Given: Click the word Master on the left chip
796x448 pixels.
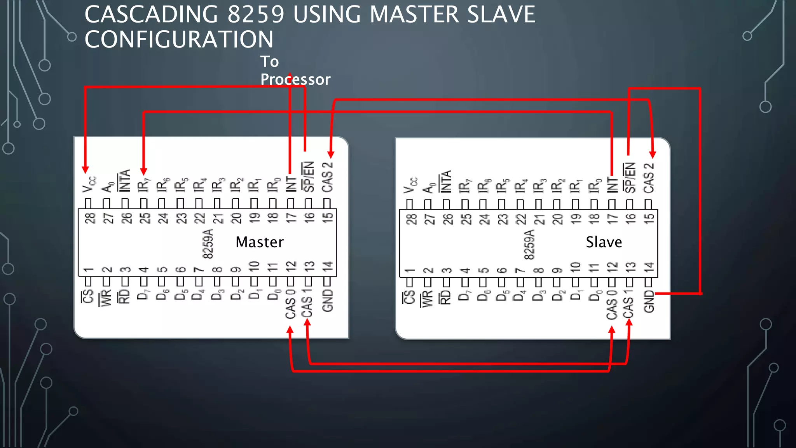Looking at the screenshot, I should coord(259,242).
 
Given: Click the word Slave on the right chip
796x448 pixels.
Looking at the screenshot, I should coord(604,242).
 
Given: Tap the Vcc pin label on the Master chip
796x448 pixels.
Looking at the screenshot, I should coord(89,184).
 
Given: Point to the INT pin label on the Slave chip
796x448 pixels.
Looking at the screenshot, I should coord(612,185).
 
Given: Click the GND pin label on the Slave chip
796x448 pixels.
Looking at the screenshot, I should coord(649,301).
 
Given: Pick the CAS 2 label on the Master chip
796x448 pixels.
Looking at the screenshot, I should coord(328,177).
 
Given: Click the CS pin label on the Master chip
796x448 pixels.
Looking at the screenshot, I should coord(88,296).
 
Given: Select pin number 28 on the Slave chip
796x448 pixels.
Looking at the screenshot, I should coord(411,219).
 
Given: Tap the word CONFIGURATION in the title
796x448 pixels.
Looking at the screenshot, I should coord(179,39).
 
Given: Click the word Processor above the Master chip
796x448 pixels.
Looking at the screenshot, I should coord(295,79).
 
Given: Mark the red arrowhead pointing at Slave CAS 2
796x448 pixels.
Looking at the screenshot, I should coord(653,154).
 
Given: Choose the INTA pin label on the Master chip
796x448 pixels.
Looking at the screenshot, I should coord(125,181).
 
